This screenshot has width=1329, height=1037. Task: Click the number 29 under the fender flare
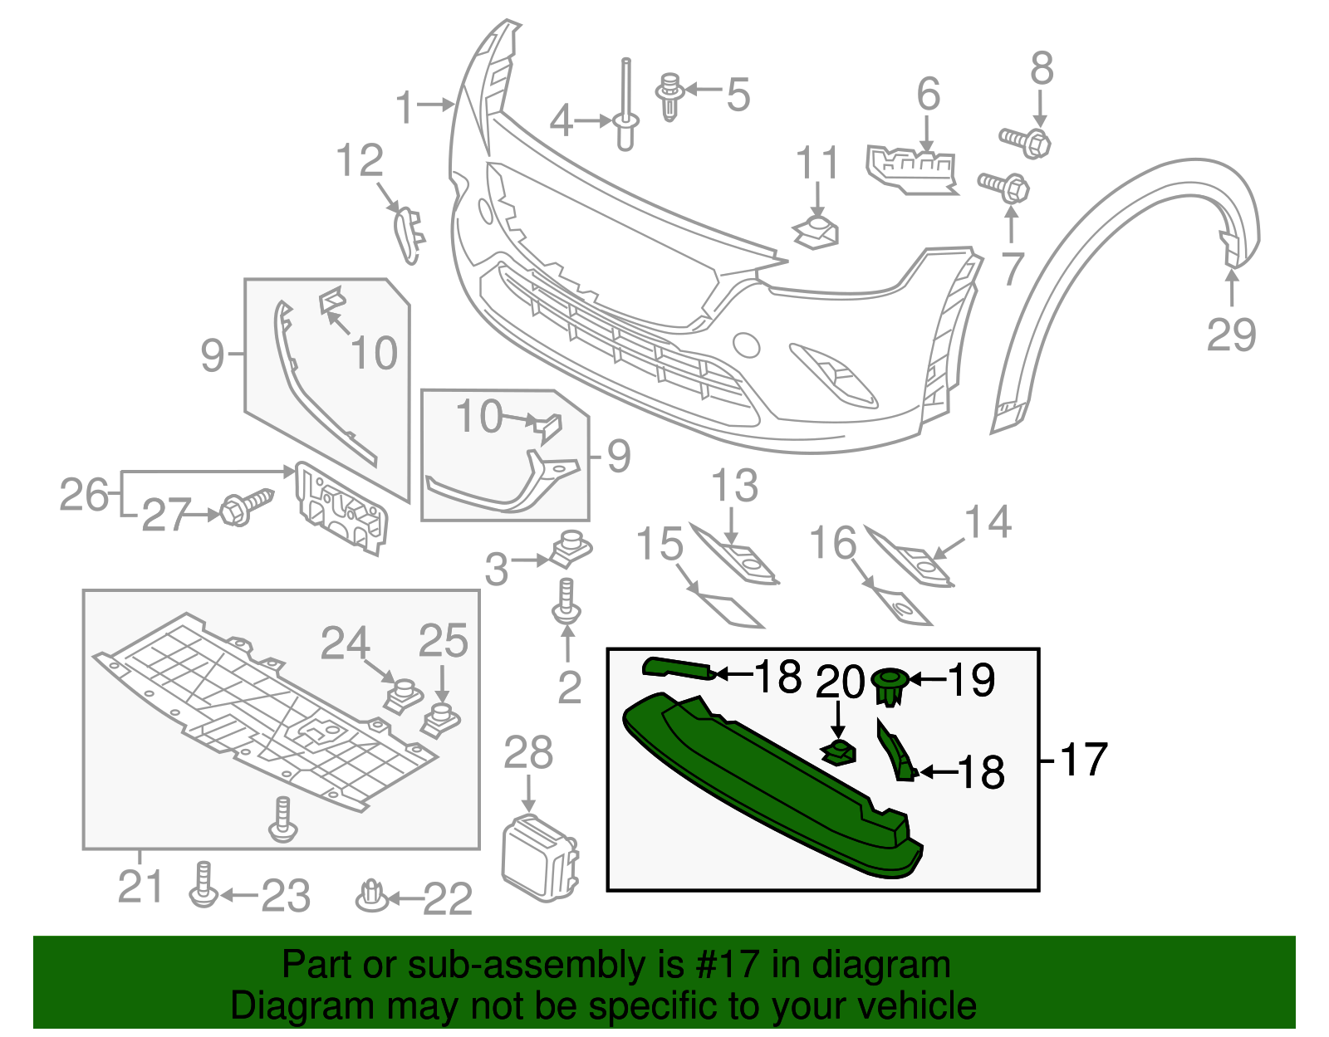(1231, 335)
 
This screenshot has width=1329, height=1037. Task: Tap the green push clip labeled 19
(890, 686)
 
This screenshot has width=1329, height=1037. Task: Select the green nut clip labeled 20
(840, 753)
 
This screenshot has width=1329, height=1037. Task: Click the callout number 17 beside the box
(1084, 759)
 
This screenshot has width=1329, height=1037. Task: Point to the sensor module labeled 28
(539, 858)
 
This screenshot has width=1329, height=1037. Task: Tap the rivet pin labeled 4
(625, 108)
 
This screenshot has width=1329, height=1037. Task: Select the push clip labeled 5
(669, 96)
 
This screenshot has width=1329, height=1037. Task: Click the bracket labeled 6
(910, 169)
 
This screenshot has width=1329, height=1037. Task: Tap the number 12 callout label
(360, 160)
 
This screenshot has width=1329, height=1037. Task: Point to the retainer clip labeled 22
(370, 895)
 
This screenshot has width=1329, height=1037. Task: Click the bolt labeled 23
(203, 885)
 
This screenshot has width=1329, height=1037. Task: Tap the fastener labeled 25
(441, 718)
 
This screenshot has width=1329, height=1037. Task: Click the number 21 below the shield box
(140, 887)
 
